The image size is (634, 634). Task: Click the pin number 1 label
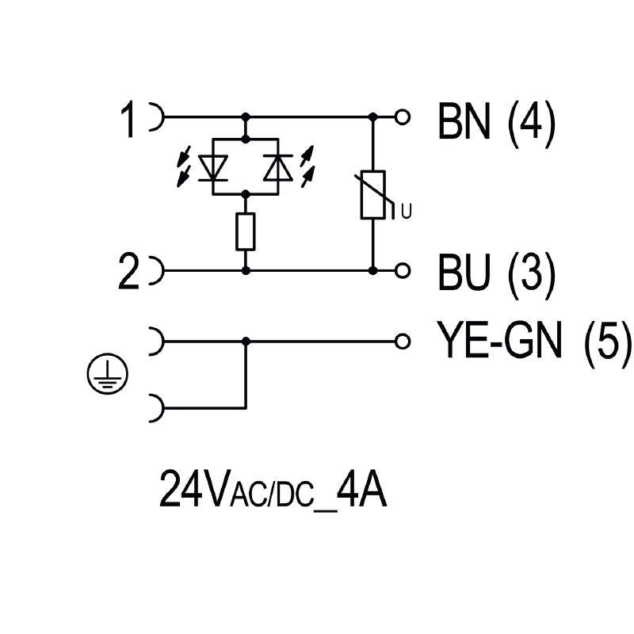[x=128, y=120]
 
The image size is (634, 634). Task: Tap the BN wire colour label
[x=464, y=120]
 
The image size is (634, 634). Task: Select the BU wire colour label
[x=464, y=272]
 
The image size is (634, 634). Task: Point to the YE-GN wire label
[x=500, y=340]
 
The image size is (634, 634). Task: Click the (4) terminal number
[x=531, y=123]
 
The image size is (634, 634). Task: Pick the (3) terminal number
[x=531, y=275]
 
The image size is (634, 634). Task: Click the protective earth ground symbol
[x=107, y=374]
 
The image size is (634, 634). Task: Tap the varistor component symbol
[x=372, y=195]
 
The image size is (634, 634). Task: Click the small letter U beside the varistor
[x=407, y=211]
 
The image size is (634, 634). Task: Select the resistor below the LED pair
[x=246, y=231]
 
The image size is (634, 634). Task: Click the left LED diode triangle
[x=213, y=167]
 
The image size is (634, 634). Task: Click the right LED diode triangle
[x=278, y=167]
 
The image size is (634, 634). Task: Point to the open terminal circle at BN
[x=403, y=117]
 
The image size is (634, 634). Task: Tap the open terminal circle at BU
[x=403, y=270]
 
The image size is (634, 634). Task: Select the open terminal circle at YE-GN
[x=403, y=342]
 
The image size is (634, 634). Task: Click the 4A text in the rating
[x=361, y=488]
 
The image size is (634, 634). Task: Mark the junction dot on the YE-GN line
[x=246, y=342]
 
